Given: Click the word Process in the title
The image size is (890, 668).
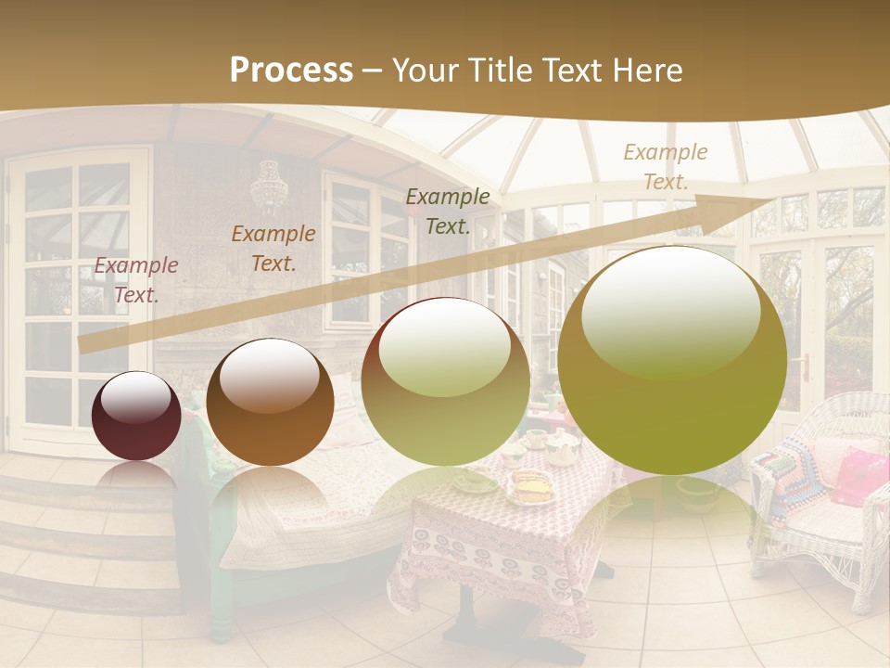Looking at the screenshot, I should click(x=291, y=71).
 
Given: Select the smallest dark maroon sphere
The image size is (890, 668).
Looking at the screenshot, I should click(x=136, y=416).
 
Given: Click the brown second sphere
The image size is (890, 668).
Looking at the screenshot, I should click(x=270, y=402).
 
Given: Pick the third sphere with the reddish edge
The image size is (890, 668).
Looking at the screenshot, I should click(x=445, y=380).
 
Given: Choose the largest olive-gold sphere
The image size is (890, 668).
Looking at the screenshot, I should click(x=672, y=360).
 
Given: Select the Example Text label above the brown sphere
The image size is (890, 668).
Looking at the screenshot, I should click(x=273, y=249).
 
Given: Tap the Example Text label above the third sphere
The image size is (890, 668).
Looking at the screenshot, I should click(x=448, y=212).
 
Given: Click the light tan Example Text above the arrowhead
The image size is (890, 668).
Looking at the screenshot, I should click(x=665, y=167).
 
